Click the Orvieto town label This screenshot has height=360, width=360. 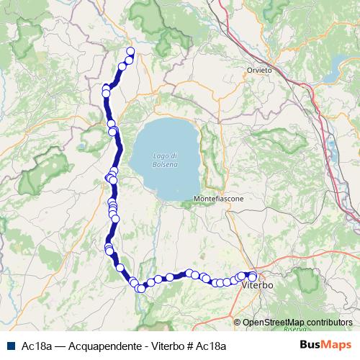click(258, 70)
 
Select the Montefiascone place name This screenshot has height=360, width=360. click(219, 198)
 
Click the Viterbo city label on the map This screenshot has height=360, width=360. click(258, 287)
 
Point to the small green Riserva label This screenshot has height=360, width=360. click(293, 328)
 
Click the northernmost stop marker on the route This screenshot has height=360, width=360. click(130, 50)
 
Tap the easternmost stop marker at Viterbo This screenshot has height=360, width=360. click(253, 276)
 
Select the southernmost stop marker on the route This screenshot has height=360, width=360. click(141, 289)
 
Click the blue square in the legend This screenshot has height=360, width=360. click(12, 346)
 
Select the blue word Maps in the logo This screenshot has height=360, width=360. click(336, 346)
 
